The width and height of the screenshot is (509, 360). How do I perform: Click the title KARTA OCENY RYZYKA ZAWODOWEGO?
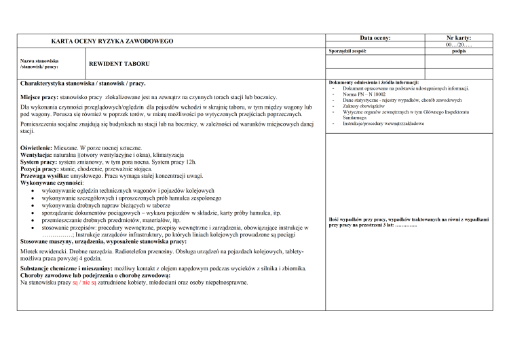pyautogui.click(x=112, y=41)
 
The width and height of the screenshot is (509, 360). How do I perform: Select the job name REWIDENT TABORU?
pyautogui.click(x=119, y=65)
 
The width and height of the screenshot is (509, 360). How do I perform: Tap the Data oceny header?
pyautogui.click(x=375, y=38)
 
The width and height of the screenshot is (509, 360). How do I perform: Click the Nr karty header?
pyautogui.click(x=458, y=38)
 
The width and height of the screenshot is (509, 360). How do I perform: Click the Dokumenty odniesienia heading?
pyautogui.click(x=373, y=83)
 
